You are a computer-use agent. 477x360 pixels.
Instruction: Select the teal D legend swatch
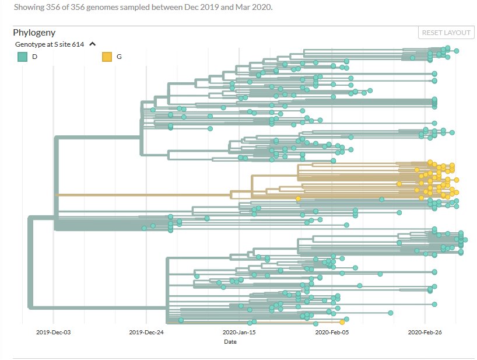click(23, 57)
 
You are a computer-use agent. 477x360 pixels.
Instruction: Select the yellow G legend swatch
click(107, 57)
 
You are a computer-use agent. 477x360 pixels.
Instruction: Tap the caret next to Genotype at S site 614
click(92, 44)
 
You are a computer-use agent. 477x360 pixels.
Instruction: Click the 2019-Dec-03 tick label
click(52, 332)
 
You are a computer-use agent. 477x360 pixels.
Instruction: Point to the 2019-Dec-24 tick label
click(146, 332)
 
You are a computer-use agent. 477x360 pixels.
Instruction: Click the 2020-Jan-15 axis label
click(239, 332)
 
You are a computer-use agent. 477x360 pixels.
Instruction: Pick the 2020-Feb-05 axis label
click(331, 332)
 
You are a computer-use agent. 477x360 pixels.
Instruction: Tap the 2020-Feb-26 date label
click(424, 332)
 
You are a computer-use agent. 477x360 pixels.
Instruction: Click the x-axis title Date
click(230, 342)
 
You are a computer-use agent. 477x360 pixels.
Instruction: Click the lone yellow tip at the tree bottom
click(342, 322)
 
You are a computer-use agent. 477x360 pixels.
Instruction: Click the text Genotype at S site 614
click(50, 44)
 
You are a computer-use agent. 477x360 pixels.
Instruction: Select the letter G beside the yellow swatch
click(120, 57)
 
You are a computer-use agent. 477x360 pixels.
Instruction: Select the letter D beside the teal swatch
click(35, 57)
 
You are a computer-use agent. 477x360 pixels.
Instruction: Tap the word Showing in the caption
click(27, 7)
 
